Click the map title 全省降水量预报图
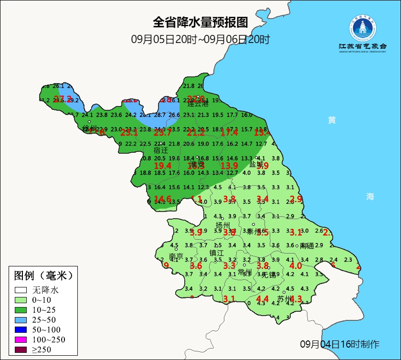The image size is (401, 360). (x=200, y=22)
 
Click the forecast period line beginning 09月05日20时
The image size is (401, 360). (x=200, y=39)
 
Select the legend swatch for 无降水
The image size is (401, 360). (x=21, y=290)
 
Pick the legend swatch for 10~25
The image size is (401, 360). (x=21, y=310)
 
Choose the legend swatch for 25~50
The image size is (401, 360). (x=21, y=320)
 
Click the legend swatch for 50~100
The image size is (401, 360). (x=21, y=330)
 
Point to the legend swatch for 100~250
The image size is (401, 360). (x=21, y=340)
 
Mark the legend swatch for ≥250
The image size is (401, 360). (x=21, y=350)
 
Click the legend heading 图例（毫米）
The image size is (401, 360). (x=43, y=275)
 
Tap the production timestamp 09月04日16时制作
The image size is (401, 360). (x=340, y=344)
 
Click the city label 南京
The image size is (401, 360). (x=176, y=256)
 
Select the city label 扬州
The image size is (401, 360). (x=223, y=225)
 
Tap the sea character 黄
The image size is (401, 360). (x=332, y=120)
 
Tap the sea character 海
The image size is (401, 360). (x=370, y=196)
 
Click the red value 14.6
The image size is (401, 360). (x=162, y=199)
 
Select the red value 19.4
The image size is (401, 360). (x=163, y=165)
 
